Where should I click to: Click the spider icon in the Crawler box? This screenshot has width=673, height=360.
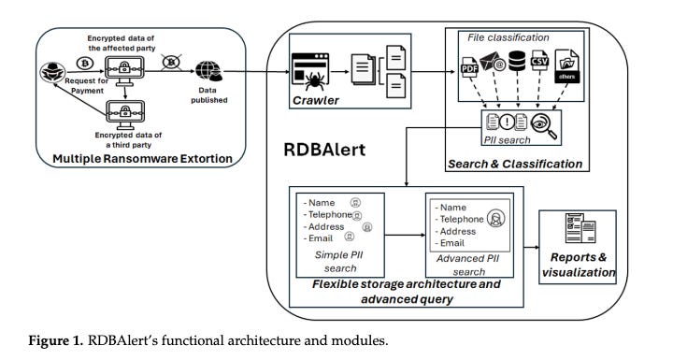tap(315, 80)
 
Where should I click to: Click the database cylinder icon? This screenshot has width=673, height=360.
tap(517, 61)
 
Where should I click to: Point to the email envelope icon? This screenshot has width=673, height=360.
tap(492, 61)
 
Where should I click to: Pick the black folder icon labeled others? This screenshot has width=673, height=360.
tap(566, 66)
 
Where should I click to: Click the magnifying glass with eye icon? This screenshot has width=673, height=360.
tap(544, 125)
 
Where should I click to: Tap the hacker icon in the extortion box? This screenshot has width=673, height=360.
tap(52, 72)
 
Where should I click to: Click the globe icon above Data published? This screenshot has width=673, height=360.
tap(208, 71)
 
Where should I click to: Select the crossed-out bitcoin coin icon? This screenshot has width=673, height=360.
tap(172, 63)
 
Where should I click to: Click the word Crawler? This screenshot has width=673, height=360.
tap(316, 101)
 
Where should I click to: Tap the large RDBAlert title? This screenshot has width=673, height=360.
tap(324, 150)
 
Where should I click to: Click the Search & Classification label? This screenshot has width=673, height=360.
tap(515, 165)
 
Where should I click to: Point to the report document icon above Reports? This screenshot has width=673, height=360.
tap(580, 227)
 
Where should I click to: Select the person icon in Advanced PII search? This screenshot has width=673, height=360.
tap(495, 218)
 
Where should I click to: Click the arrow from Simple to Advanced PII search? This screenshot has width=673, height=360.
tap(405, 236)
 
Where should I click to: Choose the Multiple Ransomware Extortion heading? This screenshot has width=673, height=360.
tap(142, 159)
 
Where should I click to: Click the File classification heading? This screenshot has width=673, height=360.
tap(508, 37)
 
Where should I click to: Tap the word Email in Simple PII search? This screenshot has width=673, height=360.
tap(321, 238)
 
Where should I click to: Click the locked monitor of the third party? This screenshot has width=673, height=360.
tap(125, 114)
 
